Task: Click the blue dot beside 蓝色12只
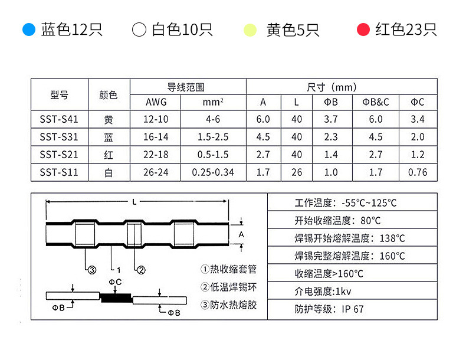(29, 30)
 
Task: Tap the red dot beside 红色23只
(363, 30)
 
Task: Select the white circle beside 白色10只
(139, 30)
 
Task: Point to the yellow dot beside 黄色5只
(250, 30)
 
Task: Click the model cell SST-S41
(59, 119)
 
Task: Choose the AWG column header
(156, 102)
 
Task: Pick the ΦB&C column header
(376, 102)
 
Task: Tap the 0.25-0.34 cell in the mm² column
(213, 172)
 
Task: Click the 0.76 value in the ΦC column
(418, 172)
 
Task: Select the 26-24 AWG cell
(156, 172)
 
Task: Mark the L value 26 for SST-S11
(297, 172)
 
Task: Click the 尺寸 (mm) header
(332, 87)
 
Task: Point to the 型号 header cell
(60, 95)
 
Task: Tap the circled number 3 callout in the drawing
(92, 270)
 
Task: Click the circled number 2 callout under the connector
(141, 270)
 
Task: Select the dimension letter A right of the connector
(241, 234)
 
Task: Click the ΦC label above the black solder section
(115, 282)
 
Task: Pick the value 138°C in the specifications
(392, 238)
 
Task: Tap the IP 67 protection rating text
(353, 309)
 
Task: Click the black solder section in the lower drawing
(116, 297)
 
